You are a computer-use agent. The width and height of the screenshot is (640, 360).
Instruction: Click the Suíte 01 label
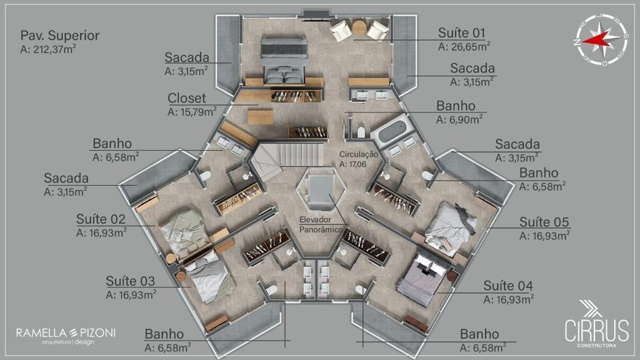pos(461,32)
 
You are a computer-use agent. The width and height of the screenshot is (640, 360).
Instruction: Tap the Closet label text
pos(186,98)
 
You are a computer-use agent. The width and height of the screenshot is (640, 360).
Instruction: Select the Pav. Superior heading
pos(59,36)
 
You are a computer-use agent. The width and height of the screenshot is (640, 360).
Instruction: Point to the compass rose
pos(602,39)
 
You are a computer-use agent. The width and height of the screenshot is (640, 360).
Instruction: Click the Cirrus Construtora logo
pos(596,324)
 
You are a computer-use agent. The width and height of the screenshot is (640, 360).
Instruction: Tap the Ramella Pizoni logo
pos(66,336)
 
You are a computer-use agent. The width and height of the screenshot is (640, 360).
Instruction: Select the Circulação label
pos(358,155)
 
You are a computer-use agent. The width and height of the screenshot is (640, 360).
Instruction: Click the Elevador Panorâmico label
pos(321,224)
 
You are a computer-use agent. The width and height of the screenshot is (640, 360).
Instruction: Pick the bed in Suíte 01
pos(284,60)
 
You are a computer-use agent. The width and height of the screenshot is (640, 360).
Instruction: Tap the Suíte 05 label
pos(544,222)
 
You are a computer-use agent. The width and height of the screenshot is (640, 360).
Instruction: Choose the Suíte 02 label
pos(101,219)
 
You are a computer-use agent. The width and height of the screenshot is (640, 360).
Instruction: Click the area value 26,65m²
pos(464,46)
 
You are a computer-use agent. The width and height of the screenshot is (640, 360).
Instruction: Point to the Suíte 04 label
pos(508,286)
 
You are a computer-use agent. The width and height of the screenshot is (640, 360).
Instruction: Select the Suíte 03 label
pos(130,281)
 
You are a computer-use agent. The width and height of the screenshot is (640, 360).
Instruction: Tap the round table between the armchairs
pos(359,27)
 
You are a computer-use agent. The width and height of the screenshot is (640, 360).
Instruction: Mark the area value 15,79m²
pos(192,111)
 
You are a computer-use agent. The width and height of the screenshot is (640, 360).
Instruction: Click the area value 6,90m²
pos(459,119)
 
